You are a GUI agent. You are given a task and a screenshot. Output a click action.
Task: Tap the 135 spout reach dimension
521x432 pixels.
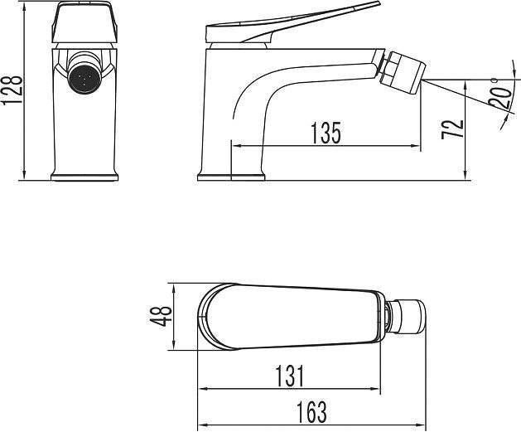[326, 133]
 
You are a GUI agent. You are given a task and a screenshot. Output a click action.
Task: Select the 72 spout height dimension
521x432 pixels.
[452, 129]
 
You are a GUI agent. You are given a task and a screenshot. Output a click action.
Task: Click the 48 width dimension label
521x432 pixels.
[161, 316]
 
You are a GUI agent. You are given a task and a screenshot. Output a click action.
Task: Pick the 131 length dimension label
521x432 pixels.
[290, 376]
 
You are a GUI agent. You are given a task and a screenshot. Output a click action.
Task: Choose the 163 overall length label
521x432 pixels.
[311, 412]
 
